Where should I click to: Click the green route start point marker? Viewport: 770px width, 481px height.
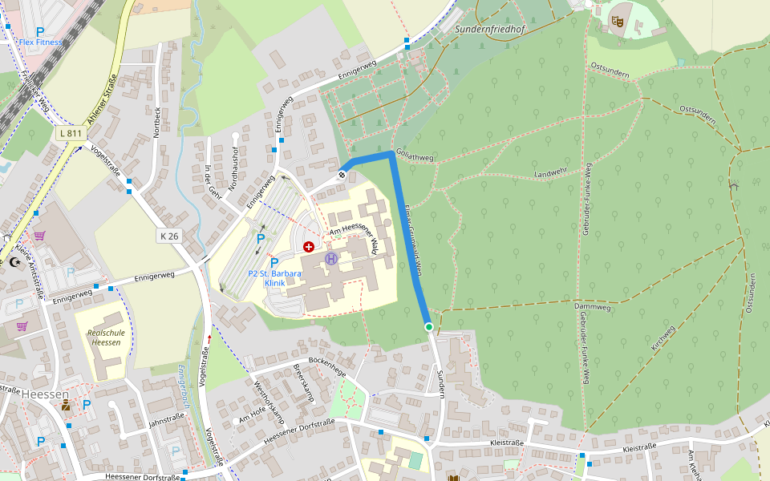(x=429, y=327)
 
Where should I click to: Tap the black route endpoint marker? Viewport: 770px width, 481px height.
(x=342, y=175)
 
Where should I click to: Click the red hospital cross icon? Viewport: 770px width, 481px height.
(x=309, y=247)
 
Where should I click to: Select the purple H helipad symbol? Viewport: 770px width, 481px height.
(x=331, y=258)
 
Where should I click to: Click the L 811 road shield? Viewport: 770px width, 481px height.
(x=71, y=132)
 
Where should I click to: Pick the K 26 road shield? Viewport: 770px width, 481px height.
(x=168, y=236)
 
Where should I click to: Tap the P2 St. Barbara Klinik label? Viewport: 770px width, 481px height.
(x=274, y=278)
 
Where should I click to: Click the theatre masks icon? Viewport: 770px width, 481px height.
(x=617, y=21)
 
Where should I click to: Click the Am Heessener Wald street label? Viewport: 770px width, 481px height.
(x=354, y=236)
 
